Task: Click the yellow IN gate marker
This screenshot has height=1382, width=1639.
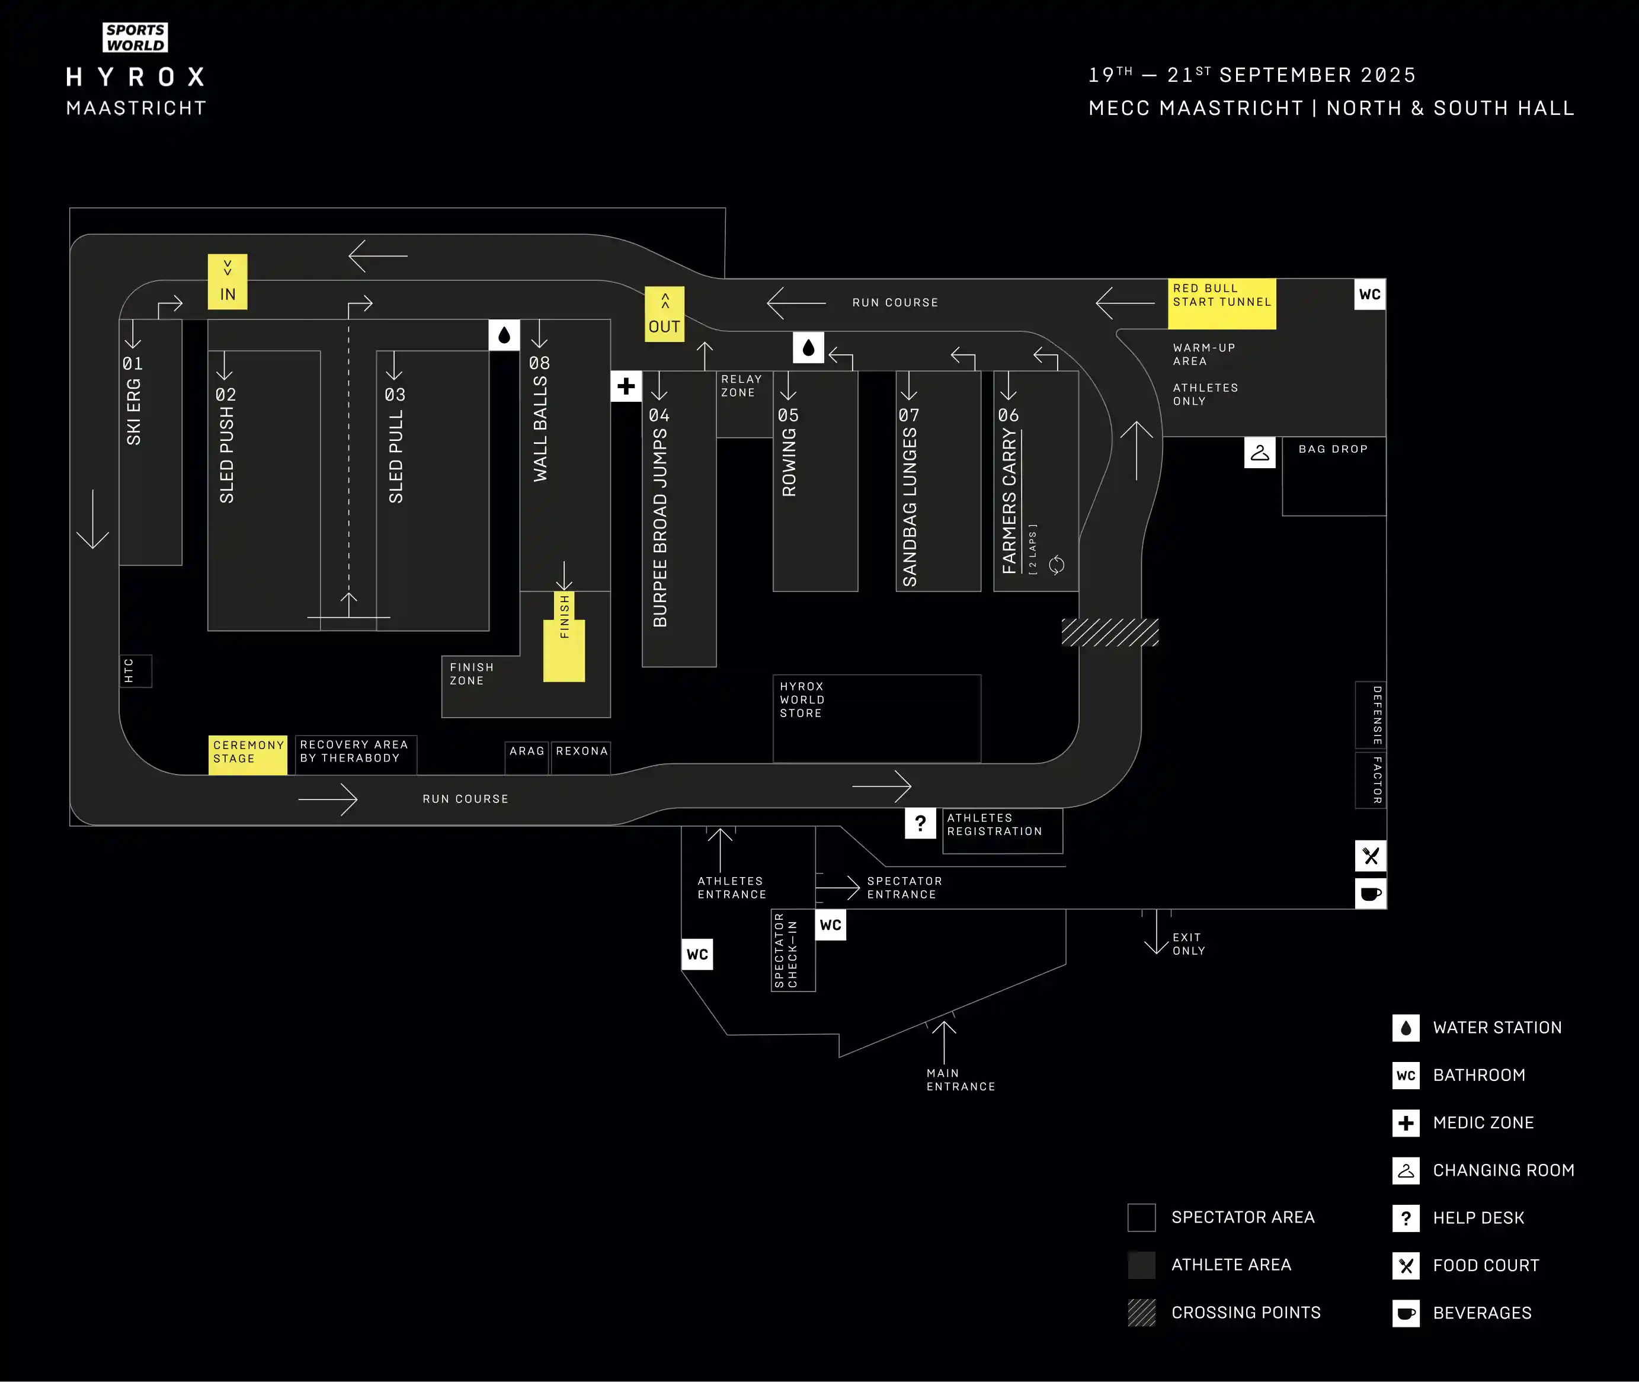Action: click(x=227, y=281)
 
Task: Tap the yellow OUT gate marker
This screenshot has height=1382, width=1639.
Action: click(x=664, y=314)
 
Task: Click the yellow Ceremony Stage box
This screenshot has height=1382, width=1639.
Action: click(x=248, y=754)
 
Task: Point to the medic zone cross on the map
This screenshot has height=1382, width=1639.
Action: click(x=626, y=386)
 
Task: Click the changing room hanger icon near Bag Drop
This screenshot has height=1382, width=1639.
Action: click(x=1260, y=453)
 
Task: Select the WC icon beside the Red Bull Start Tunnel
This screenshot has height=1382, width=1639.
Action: click(x=1369, y=295)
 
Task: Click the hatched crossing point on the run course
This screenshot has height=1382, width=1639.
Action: click(x=1109, y=632)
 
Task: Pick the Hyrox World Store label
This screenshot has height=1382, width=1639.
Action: click(x=802, y=700)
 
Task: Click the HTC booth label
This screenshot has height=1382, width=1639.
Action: click(x=129, y=671)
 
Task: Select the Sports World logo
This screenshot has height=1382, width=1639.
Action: click(x=136, y=37)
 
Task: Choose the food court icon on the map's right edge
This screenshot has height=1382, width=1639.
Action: click(x=1370, y=856)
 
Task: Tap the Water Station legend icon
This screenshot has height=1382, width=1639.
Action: click(x=1406, y=1028)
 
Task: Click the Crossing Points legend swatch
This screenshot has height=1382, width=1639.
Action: click(x=1141, y=1312)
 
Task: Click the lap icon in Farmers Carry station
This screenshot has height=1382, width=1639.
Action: click(x=1056, y=565)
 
